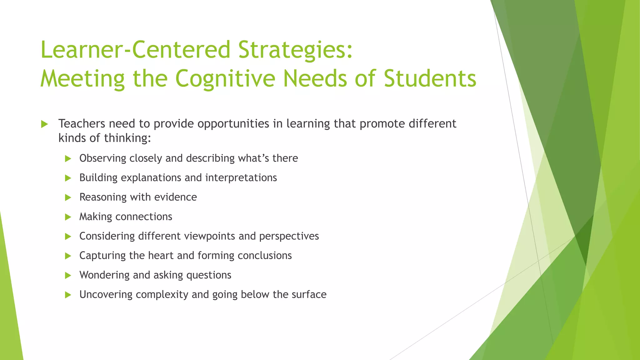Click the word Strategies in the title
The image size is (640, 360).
(x=296, y=50)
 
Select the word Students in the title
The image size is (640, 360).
(x=430, y=78)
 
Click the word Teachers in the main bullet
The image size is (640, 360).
(x=82, y=124)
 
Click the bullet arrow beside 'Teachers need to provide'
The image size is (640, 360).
(x=44, y=124)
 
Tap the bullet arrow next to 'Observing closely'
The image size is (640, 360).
(x=68, y=159)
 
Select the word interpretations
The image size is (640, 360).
(x=241, y=178)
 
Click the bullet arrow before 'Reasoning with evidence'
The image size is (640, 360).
(x=68, y=197)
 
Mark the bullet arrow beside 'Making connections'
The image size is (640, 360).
(x=68, y=217)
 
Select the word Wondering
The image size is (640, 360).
(x=104, y=275)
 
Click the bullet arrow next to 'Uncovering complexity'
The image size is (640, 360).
(x=68, y=295)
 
